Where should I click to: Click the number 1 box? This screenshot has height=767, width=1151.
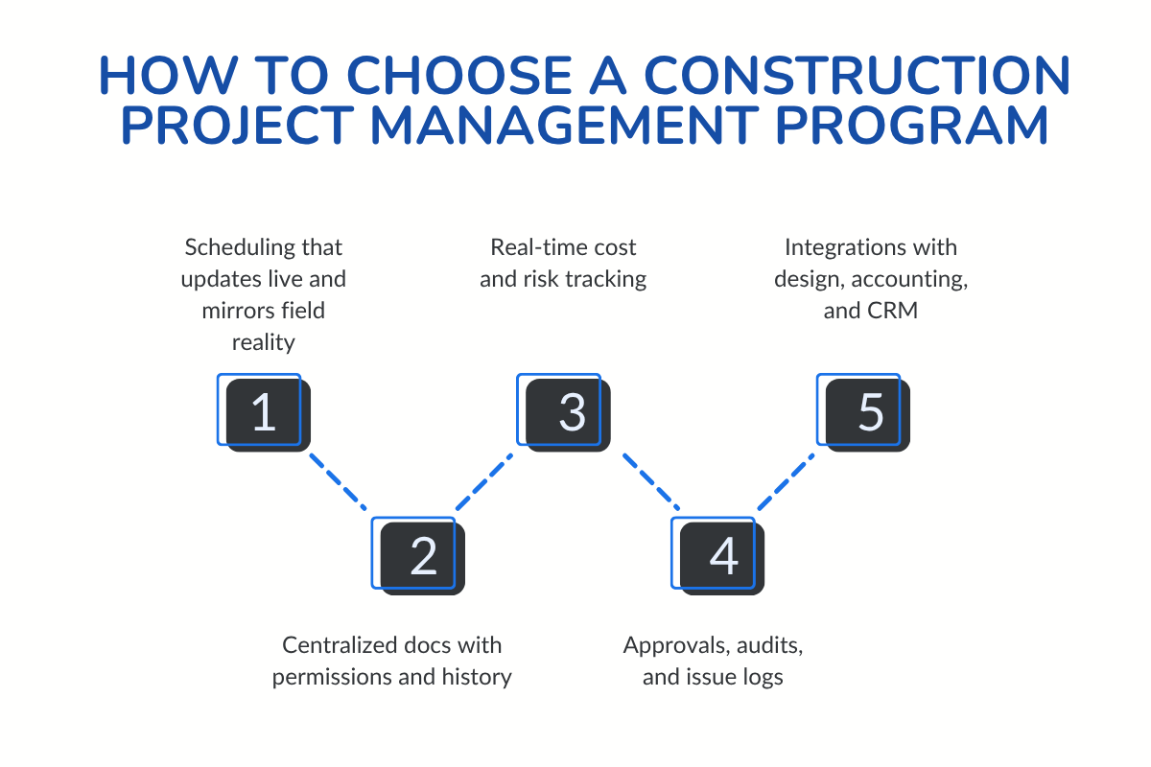[x=263, y=412]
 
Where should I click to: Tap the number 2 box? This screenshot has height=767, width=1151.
[x=422, y=556]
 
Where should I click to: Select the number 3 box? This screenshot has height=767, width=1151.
[x=570, y=412]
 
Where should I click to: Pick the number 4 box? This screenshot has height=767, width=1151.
[x=721, y=556]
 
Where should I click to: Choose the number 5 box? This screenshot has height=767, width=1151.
[x=868, y=412]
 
